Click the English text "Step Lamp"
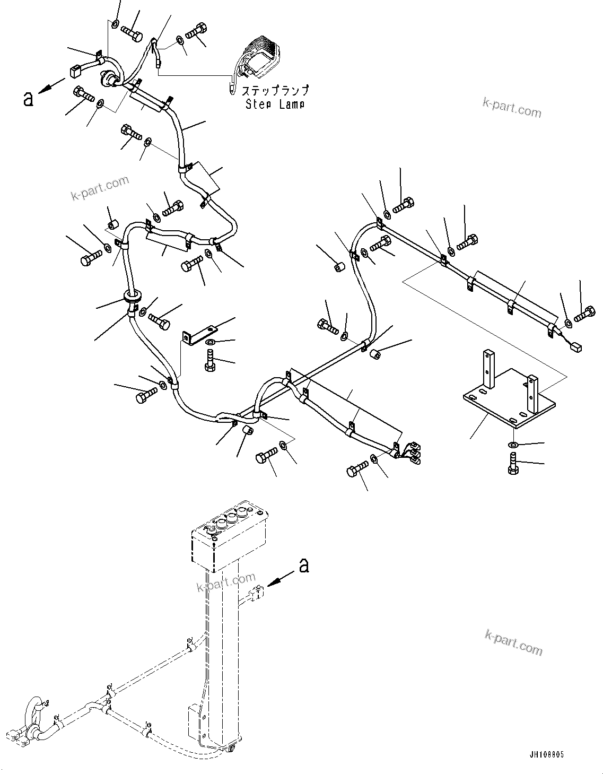(x=275, y=105)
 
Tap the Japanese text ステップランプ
(x=275, y=91)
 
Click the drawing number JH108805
(x=546, y=754)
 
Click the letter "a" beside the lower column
(x=303, y=566)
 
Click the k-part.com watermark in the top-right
(x=512, y=108)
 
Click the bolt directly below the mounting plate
(x=512, y=463)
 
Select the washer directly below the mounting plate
(x=512, y=443)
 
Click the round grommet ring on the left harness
(x=133, y=295)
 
